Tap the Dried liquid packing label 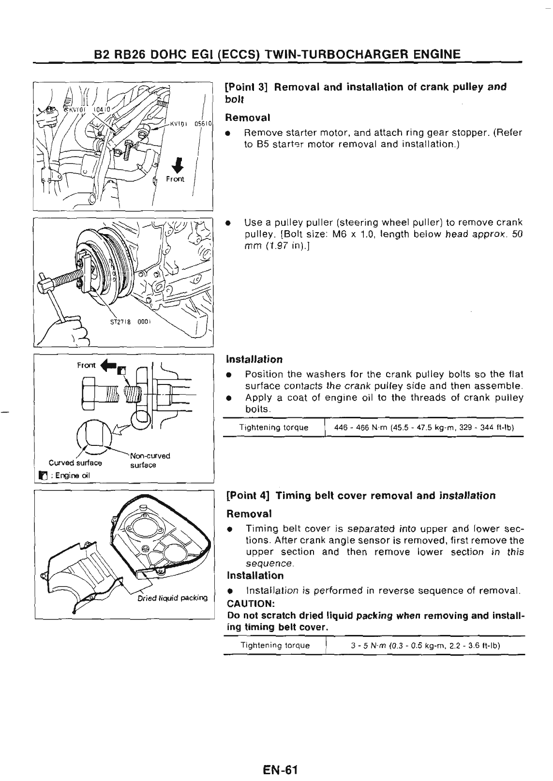pyautogui.click(x=172, y=597)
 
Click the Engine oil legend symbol pyautogui.click(x=43, y=475)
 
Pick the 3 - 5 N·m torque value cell pyautogui.click(x=425, y=646)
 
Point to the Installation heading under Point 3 pyautogui.click(x=254, y=360)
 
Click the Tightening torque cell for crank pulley pyautogui.click(x=274, y=427)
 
